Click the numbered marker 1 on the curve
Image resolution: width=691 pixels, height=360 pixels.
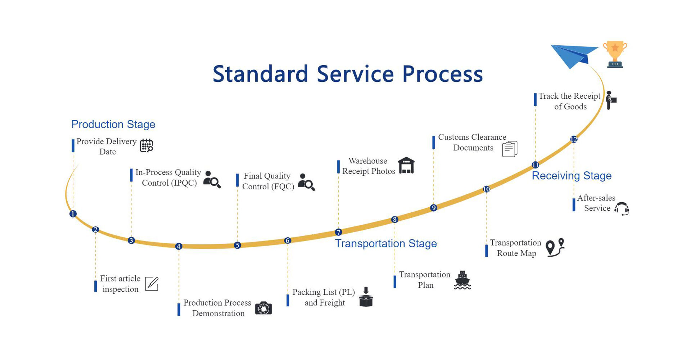[73, 214]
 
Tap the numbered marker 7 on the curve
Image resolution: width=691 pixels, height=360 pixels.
[338, 232]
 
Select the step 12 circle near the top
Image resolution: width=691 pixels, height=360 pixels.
[574, 139]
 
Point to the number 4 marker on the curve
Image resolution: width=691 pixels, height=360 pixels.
[179, 246]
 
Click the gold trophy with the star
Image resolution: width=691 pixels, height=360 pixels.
[615, 54]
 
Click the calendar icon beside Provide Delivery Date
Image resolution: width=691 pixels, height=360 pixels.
[146, 145]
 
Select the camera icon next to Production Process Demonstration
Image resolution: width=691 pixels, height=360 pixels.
[263, 308]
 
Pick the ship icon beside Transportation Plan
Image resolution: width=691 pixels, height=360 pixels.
[462, 280]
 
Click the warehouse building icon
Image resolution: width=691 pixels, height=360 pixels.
[406, 166]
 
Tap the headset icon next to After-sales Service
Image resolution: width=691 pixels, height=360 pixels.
[622, 209]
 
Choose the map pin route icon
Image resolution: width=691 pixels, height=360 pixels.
[555, 248]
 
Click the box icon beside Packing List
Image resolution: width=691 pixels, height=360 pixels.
[366, 297]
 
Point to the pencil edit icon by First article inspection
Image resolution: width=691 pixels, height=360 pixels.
[152, 284]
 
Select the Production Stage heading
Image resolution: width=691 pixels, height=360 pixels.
[113, 124]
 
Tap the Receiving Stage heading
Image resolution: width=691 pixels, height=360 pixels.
[572, 176]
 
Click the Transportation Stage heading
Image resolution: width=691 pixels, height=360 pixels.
[386, 244]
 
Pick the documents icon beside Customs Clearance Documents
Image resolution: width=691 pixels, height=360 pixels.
[510, 149]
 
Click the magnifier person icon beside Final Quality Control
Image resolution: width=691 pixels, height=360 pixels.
[306, 182]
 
